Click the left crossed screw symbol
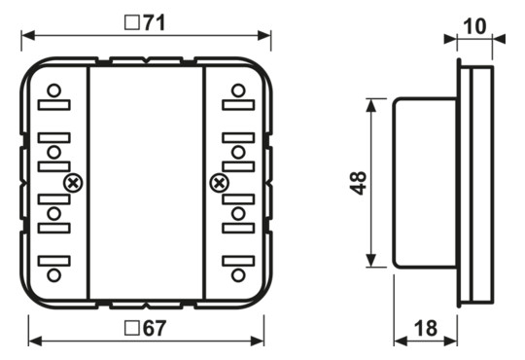pos(72,182)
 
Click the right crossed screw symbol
pos(219,182)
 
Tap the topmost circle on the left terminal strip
pos(54,91)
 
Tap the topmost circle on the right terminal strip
pos(236,91)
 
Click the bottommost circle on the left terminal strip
pos(54,275)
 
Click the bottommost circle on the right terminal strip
pos(236,275)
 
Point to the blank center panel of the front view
pos(146,183)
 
